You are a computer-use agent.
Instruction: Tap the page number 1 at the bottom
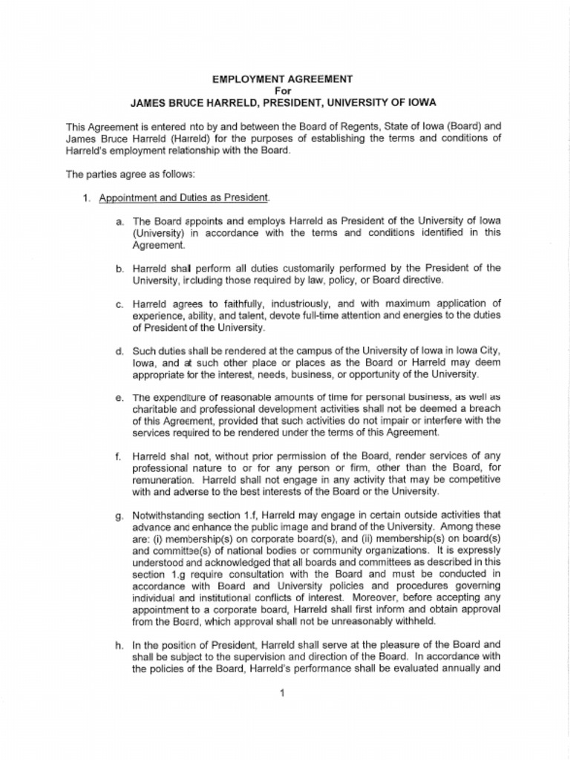pos(283,693)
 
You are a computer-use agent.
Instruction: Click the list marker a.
pos(119,222)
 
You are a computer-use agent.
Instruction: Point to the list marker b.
pos(119,268)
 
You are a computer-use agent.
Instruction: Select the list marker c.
pos(119,304)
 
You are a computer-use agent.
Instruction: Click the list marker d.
pos(119,351)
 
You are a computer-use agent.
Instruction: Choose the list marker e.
pos(119,398)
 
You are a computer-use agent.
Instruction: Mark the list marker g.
pos(119,514)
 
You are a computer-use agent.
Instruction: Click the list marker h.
pos(119,645)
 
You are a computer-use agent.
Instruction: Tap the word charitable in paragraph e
pos(154,409)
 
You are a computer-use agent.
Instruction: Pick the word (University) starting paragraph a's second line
pos(158,233)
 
